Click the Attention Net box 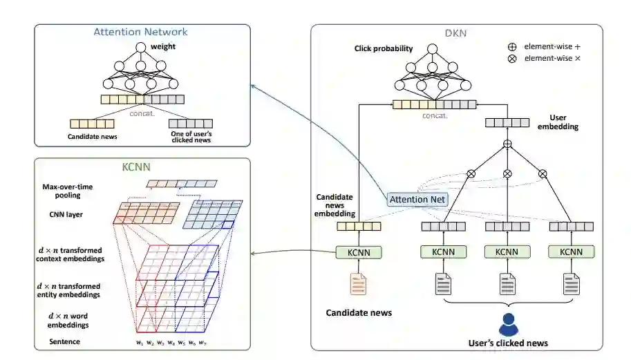(417, 200)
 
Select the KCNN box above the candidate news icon (357, 252)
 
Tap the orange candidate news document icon (358, 283)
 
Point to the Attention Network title (141, 32)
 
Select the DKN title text (457, 33)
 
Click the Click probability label (383, 49)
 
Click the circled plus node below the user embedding (507, 144)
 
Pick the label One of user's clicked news (190, 136)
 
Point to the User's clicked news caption (508, 343)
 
